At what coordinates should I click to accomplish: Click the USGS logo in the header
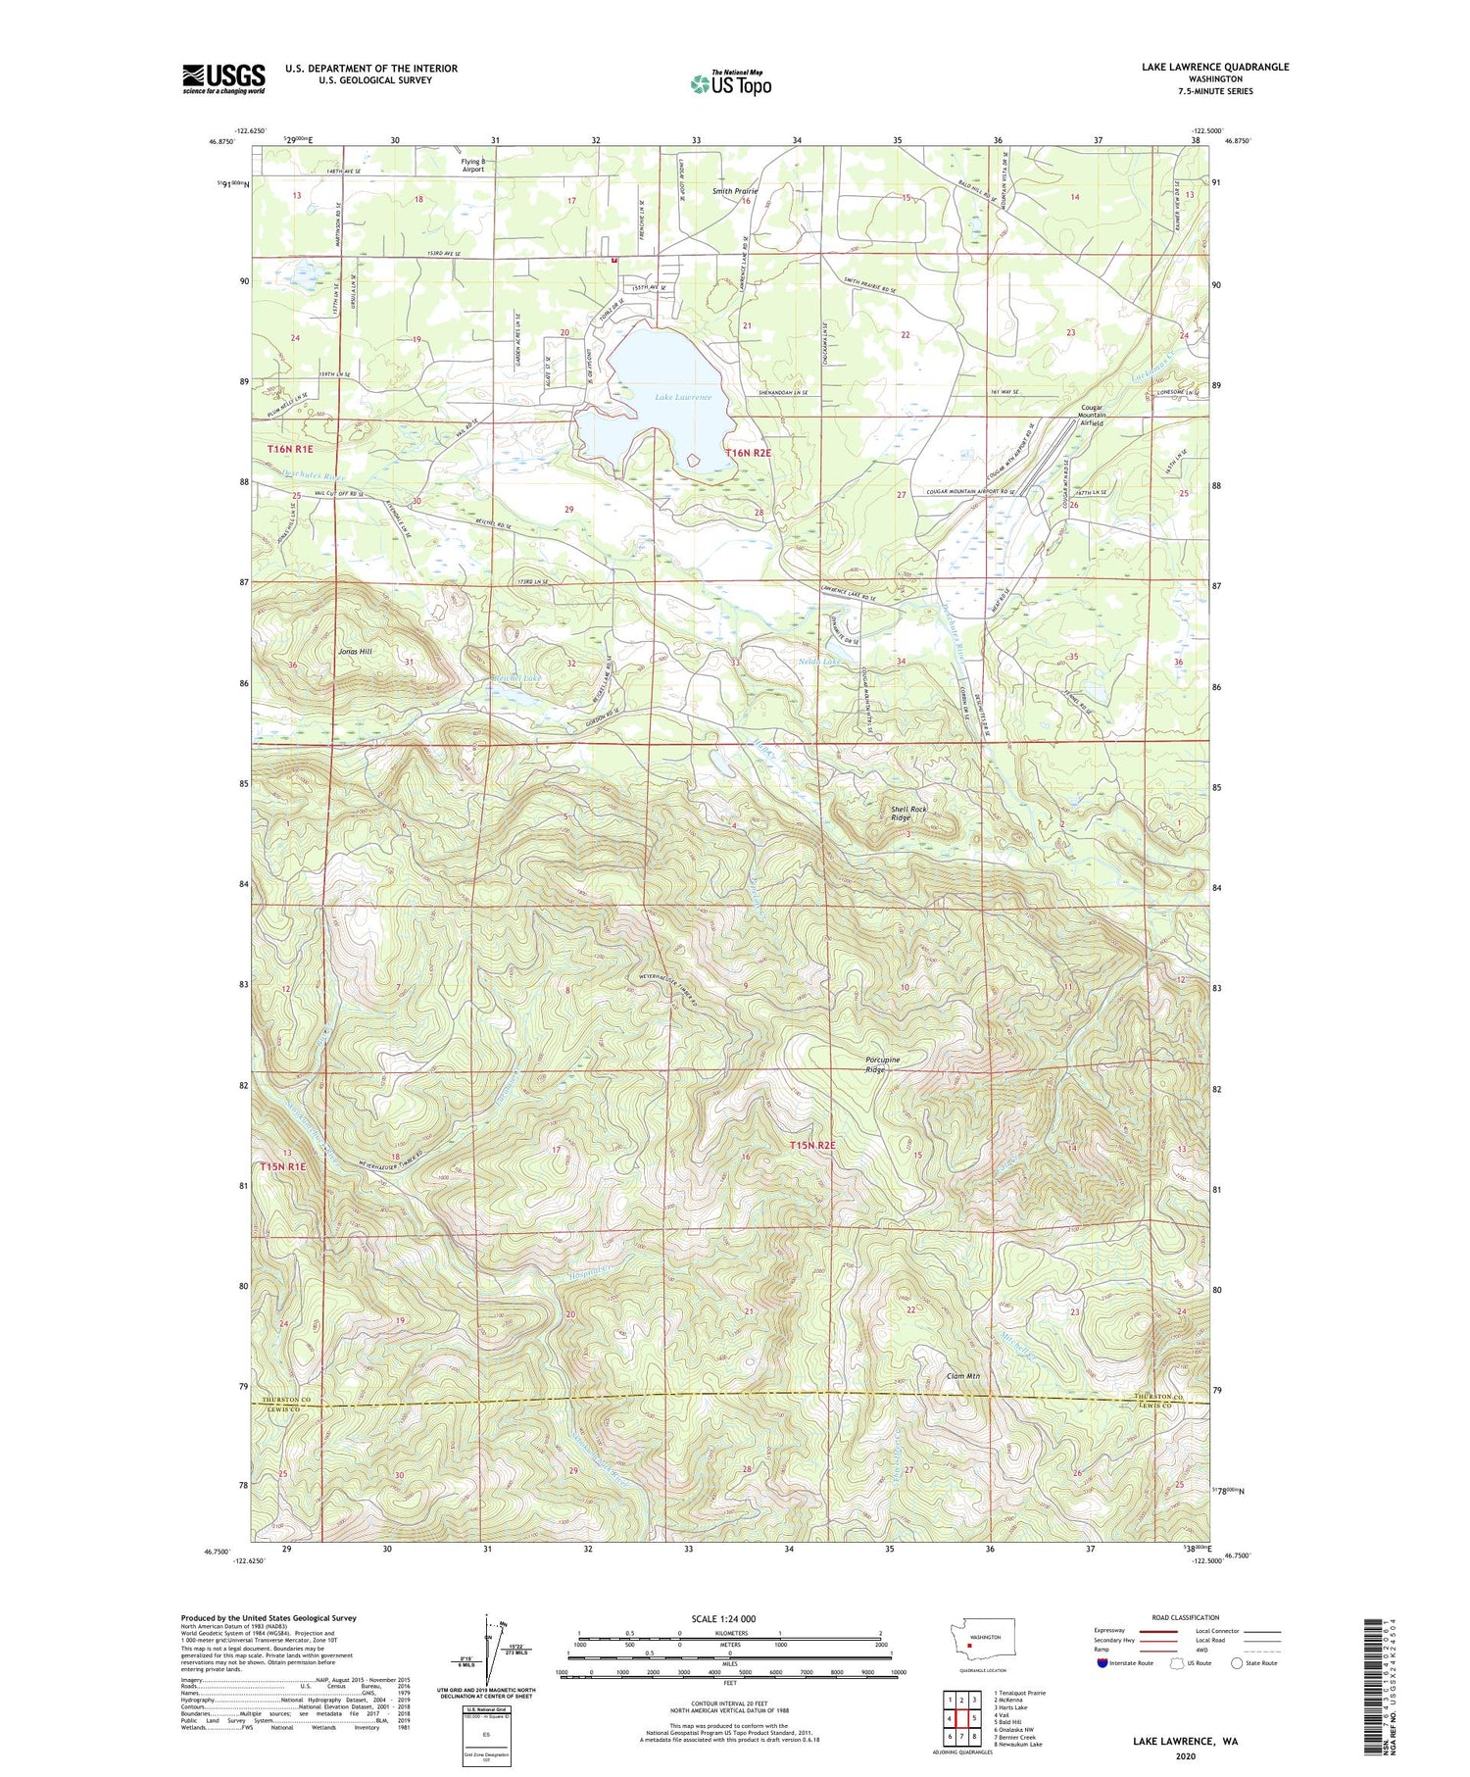pos(223,78)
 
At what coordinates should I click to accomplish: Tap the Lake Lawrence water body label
pos(683,397)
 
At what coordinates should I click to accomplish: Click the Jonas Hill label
pos(355,651)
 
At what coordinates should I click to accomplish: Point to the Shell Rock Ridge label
pos(907,813)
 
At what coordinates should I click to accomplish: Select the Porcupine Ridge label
pos(882,1064)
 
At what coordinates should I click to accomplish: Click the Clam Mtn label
pos(963,1376)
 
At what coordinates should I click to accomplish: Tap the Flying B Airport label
pos(473,165)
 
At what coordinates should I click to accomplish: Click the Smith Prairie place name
pos(735,191)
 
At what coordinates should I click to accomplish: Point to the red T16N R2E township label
pos(749,452)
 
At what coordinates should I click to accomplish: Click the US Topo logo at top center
pos(730,83)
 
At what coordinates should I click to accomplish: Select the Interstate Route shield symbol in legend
pos(1102,1663)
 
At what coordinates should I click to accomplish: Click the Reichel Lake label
pos(516,678)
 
